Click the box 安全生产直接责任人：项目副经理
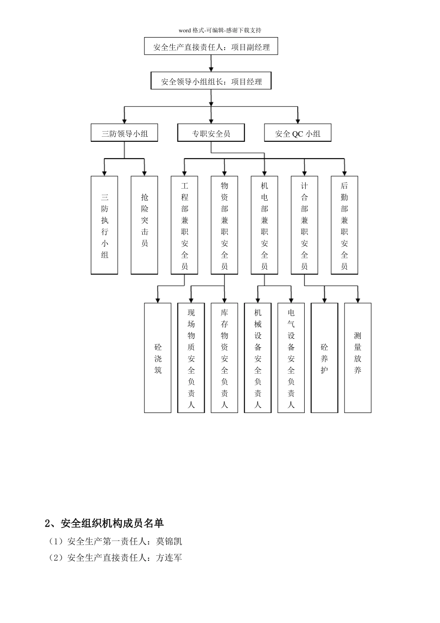[211, 47]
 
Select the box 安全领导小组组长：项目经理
[211, 82]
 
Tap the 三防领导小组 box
[125, 133]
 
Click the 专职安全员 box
[211, 133]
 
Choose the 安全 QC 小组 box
[298, 133]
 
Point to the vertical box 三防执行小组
[105, 225]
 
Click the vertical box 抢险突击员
[145, 225]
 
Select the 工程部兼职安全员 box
[185, 225]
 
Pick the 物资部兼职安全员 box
[225, 225]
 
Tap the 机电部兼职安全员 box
[264, 225]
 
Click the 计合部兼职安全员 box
[304, 225]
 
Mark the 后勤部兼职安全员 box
[344, 225]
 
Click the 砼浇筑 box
[158, 358]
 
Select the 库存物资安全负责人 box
[225, 358]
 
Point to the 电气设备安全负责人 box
[291, 358]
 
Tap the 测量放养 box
[358, 358]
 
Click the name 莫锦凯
[169, 541]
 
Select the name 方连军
[169, 558]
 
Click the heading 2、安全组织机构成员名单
[104, 523]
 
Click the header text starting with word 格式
[220, 30]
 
